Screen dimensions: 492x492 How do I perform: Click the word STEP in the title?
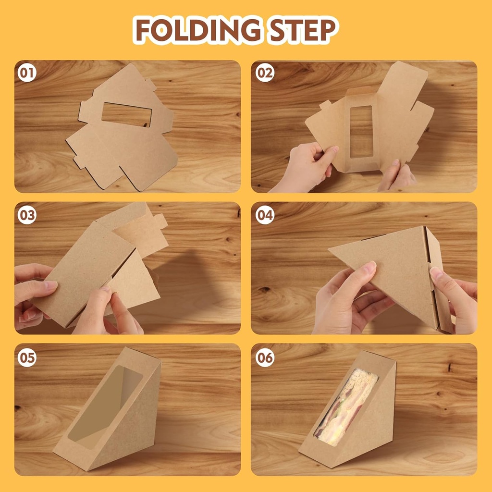tap(299, 30)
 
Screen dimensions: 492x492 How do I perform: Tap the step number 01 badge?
tap(27, 73)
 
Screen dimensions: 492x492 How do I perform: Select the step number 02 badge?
tap(264, 73)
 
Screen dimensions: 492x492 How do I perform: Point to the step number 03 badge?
tap(27, 215)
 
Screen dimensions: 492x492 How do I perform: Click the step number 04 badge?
tap(264, 215)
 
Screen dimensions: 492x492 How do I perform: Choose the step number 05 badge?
tap(27, 357)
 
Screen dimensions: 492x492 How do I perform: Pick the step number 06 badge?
tap(264, 357)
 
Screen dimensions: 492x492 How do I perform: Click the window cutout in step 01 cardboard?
tap(126, 114)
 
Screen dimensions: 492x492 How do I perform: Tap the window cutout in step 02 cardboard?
tap(361, 131)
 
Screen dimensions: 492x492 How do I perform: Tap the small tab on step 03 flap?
tap(159, 221)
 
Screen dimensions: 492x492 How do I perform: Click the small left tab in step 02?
tap(325, 105)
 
